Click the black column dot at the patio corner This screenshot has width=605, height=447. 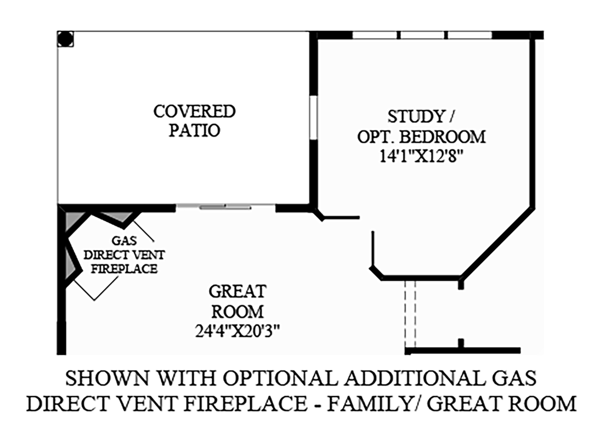coord(65,39)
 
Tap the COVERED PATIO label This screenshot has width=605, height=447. coord(194,121)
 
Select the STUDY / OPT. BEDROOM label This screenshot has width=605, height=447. coord(421,126)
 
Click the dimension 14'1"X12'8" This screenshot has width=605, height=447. coord(421,155)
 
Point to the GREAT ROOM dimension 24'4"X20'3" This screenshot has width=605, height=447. coord(238,331)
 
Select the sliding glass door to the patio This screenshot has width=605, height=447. coord(225,207)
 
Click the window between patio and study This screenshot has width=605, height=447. coord(313,118)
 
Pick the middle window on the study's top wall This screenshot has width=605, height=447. coord(422,35)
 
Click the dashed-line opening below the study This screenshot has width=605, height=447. coord(411,313)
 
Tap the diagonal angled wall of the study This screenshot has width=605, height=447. coord(496,244)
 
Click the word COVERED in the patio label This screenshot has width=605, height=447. coord(194,111)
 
